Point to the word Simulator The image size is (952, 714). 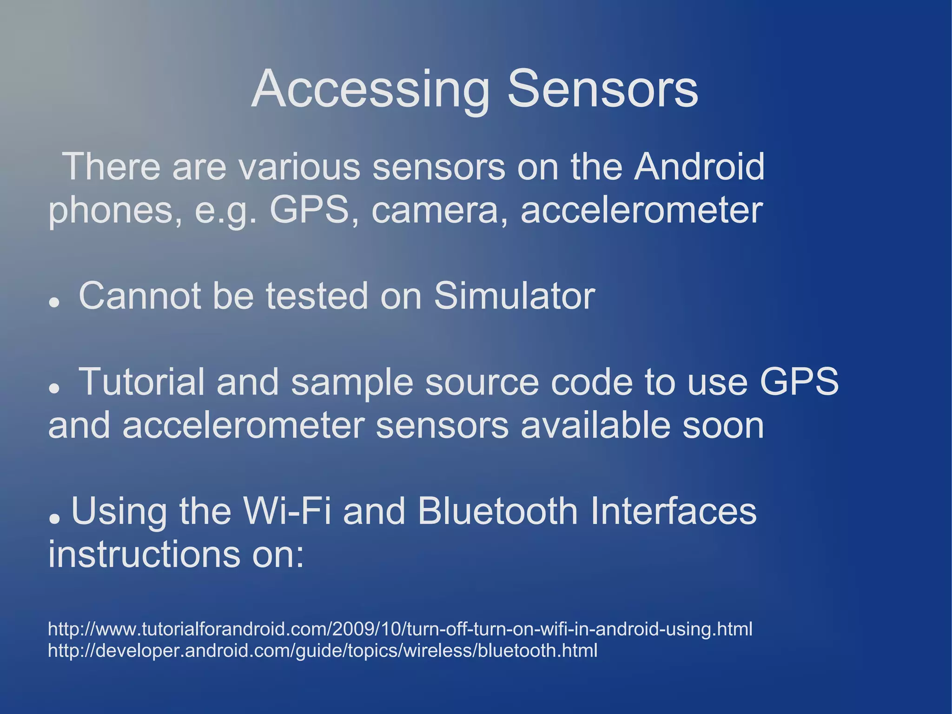tap(514, 296)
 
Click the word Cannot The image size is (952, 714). tap(139, 296)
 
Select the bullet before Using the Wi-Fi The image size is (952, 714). tap(54, 518)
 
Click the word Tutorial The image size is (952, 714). tap(142, 382)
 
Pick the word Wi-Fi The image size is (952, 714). tap(287, 511)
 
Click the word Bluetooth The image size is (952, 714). tap(497, 511)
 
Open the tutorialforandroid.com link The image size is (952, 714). tap(400, 629)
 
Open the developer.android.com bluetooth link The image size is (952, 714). tap(323, 650)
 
